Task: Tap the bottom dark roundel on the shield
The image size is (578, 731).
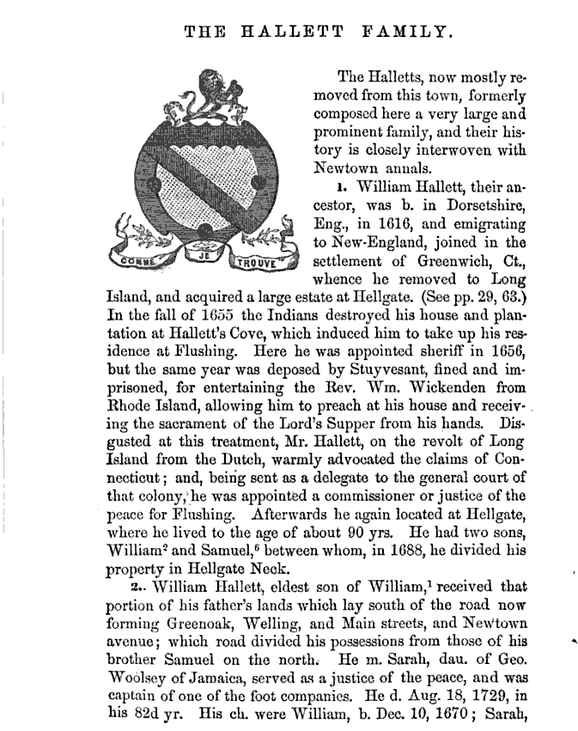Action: [x=204, y=230]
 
